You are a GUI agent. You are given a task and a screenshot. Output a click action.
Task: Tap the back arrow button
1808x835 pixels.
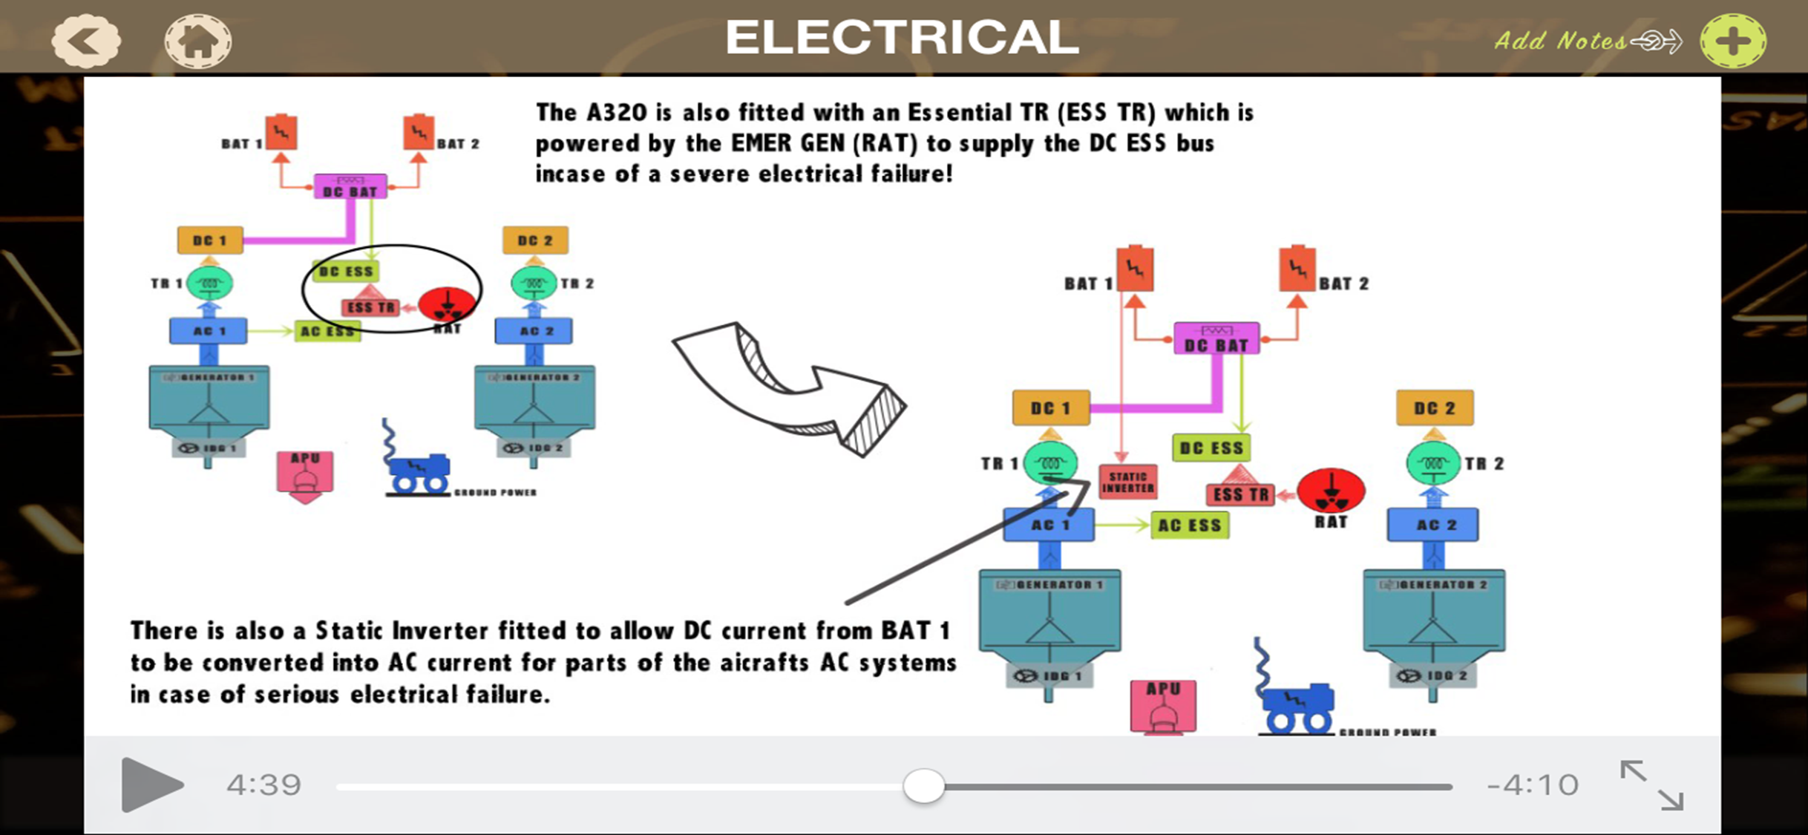tap(85, 40)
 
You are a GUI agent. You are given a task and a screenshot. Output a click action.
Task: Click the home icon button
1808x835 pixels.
tap(197, 41)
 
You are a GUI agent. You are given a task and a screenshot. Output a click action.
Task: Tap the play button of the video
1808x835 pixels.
tap(151, 785)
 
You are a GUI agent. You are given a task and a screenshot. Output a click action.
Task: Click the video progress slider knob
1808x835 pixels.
tap(923, 785)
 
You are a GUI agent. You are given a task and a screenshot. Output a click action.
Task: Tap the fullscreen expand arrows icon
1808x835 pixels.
tap(1651, 785)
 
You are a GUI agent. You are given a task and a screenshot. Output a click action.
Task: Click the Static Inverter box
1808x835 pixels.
tap(1127, 482)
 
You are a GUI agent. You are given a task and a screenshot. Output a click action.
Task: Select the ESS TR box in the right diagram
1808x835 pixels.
tap(1240, 495)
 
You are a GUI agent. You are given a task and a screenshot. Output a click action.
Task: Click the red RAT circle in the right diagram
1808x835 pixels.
tap(1331, 491)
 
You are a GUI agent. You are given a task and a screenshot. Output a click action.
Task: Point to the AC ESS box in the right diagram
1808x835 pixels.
tap(1189, 525)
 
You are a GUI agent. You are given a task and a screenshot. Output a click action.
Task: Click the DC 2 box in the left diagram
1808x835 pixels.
tap(535, 240)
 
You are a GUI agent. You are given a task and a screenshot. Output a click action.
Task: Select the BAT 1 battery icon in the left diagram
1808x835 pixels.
tap(281, 133)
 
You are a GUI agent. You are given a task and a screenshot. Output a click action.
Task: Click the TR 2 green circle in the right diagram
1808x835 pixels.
tap(1433, 463)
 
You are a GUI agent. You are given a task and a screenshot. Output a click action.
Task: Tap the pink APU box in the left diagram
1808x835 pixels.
tap(305, 474)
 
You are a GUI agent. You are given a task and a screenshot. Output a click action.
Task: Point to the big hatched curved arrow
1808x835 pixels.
tap(794, 390)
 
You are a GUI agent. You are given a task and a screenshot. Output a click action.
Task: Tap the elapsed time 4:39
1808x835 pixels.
tap(263, 785)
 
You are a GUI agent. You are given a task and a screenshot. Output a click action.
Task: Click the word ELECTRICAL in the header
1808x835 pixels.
tap(901, 37)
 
